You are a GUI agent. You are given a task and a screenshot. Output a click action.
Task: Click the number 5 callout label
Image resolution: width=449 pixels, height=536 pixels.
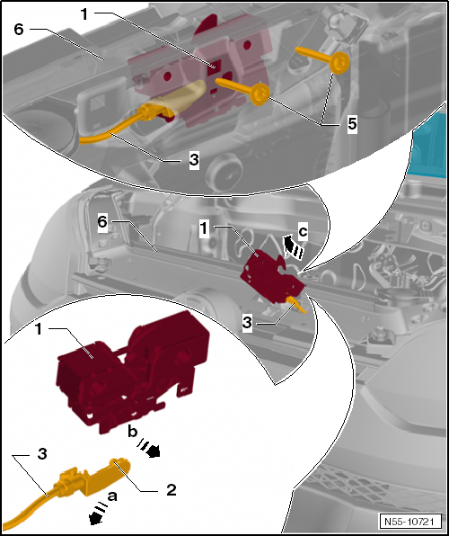pyautogui.click(x=352, y=125)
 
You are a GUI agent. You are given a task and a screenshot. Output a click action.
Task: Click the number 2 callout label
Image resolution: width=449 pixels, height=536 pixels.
pyautogui.click(x=171, y=490)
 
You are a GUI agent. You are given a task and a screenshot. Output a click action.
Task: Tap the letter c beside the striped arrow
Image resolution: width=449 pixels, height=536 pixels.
pyautogui.click(x=303, y=232)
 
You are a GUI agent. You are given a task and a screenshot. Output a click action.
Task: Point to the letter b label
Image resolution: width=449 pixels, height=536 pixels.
pyautogui.click(x=133, y=432)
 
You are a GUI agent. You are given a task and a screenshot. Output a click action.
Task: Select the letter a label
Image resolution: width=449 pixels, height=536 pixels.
pyautogui.click(x=112, y=496)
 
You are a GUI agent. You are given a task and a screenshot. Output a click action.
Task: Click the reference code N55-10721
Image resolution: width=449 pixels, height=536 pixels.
pyautogui.click(x=409, y=522)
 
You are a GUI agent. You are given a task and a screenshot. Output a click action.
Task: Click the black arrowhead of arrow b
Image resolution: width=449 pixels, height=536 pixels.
pyautogui.click(x=154, y=452)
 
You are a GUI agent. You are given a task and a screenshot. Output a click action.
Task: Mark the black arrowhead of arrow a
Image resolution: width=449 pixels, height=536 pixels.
pyautogui.click(x=95, y=519)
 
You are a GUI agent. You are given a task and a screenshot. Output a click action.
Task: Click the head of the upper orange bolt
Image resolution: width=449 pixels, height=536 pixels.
pyautogui.click(x=339, y=63)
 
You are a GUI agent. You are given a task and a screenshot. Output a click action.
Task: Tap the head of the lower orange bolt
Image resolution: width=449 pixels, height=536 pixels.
pyautogui.click(x=260, y=94)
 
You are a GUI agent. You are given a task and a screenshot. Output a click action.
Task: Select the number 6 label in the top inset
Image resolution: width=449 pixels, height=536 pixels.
pyautogui.click(x=19, y=30)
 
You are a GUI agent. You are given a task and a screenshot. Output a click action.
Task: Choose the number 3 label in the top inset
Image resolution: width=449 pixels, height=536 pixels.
pyautogui.click(x=194, y=160)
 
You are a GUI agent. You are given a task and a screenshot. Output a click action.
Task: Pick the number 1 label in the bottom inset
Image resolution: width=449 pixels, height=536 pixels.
pyautogui.click(x=39, y=329)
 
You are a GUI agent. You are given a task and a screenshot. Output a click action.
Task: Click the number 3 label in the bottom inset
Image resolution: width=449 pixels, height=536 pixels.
pyautogui.click(x=42, y=455)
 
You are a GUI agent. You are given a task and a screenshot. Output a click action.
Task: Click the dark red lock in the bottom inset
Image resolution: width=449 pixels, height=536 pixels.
pyautogui.click(x=134, y=371)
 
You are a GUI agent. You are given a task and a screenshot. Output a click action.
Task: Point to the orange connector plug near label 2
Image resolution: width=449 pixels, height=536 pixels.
pyautogui.click(x=92, y=477)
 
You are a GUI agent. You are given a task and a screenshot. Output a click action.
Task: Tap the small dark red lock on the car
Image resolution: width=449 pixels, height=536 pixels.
pyautogui.click(x=272, y=277)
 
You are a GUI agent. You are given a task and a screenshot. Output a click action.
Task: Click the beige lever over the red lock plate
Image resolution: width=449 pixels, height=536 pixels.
pyautogui.click(x=180, y=96)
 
